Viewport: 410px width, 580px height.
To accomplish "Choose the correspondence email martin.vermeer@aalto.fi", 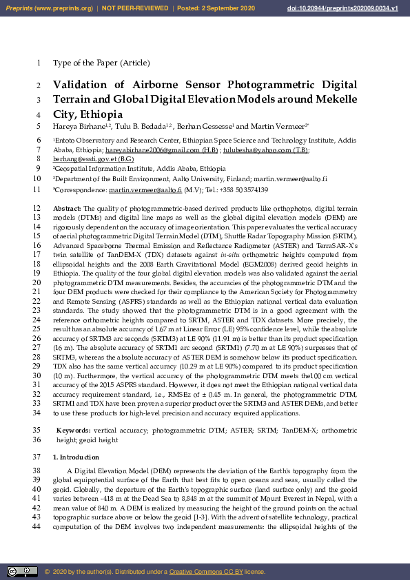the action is coord(145,189).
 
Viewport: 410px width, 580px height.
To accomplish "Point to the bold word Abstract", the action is coord(66,207).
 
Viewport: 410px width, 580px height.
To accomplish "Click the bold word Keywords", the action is coord(72,430).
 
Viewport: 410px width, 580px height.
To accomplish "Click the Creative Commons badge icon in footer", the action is coord(22,572).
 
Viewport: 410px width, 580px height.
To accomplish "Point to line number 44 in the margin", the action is coord(37,527).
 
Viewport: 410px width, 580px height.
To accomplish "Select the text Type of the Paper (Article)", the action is coord(101,63).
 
